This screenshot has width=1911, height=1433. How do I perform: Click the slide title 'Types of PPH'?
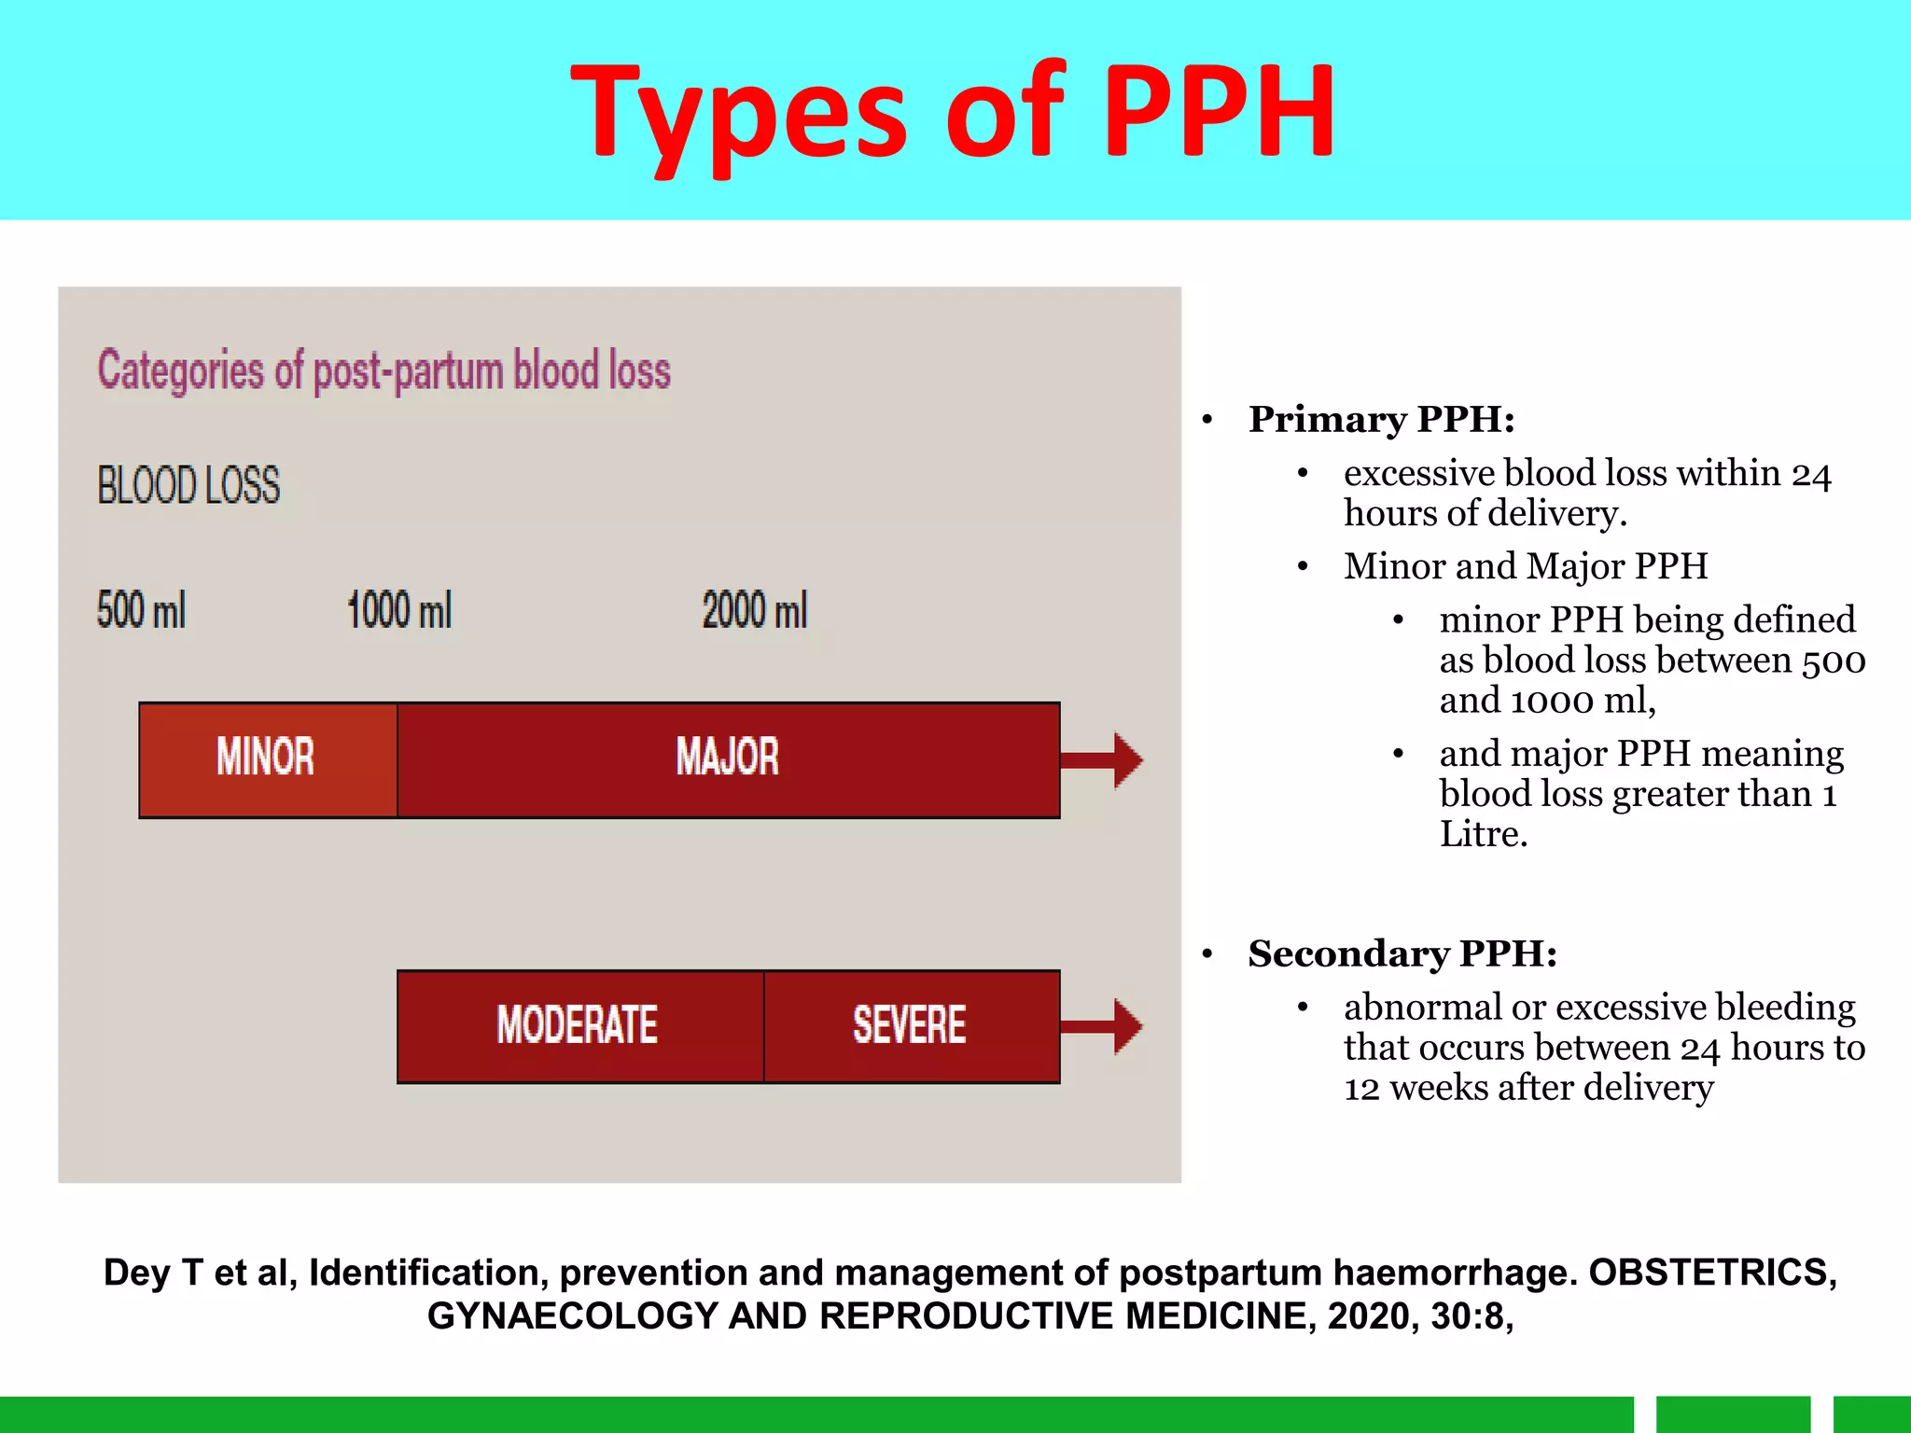(953, 112)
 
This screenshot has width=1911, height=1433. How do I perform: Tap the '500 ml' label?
(141, 611)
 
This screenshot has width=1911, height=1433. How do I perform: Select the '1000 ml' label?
(399, 611)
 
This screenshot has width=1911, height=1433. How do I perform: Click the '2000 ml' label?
(754, 611)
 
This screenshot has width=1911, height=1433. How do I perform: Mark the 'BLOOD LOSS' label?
(188, 486)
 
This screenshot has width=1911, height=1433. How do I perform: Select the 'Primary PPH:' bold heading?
(1381, 420)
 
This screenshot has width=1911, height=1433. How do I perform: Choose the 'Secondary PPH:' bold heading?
(1402, 954)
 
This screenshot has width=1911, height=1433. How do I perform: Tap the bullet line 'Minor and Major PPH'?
(1526, 566)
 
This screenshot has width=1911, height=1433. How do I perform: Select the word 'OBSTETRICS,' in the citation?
(1712, 1273)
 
